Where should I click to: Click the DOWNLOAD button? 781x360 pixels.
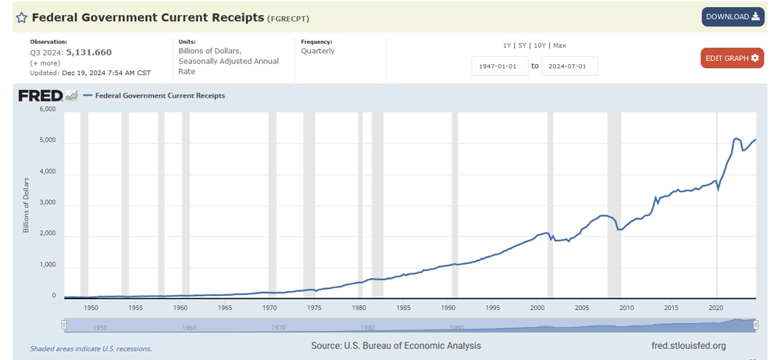coord(733,16)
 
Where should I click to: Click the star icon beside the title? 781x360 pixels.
coord(22,17)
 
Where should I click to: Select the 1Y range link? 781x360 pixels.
coord(508,45)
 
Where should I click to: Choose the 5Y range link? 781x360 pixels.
coord(523,45)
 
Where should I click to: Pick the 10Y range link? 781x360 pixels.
coord(540,45)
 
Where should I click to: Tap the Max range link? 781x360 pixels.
coord(560,45)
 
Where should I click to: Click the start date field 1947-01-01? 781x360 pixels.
coord(500,66)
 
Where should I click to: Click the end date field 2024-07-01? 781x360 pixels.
coord(569,66)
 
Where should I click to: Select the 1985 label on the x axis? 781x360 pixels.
coord(404,308)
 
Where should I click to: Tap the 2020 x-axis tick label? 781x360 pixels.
coord(716,308)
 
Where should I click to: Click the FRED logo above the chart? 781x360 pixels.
coord(41,95)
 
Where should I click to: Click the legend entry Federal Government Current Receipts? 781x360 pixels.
coord(159,95)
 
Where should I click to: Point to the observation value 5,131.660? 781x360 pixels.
coord(88,52)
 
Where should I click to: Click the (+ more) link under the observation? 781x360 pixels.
coord(45,62)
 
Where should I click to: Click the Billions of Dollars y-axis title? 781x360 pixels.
coord(26,205)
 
